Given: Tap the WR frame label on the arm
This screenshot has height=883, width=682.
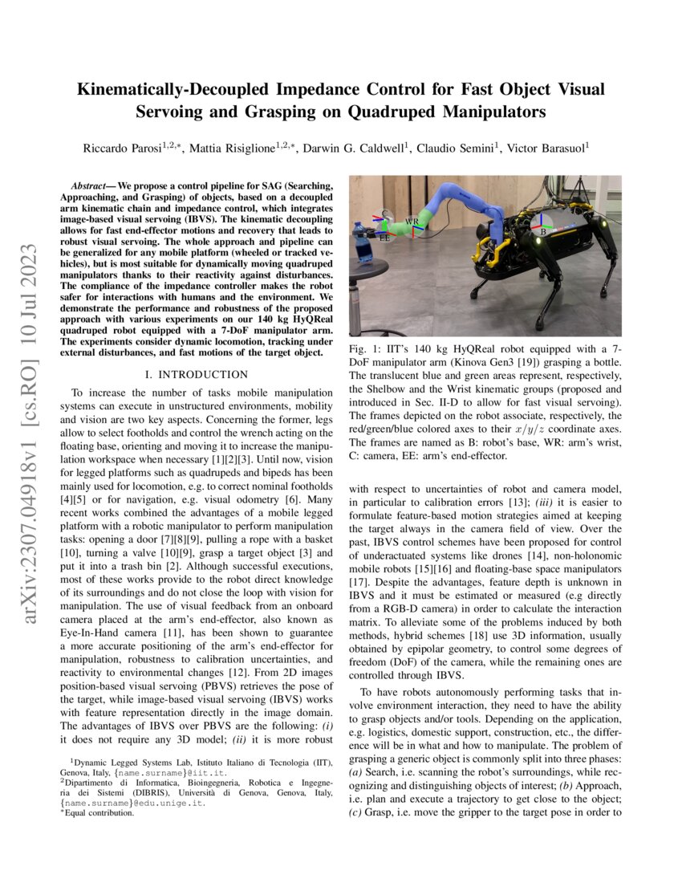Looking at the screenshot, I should click(411, 221).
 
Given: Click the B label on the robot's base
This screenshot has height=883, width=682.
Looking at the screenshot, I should click(543, 232).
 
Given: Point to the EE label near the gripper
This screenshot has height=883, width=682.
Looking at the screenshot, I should click(384, 238).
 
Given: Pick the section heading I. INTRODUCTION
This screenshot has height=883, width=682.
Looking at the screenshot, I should click(195, 374).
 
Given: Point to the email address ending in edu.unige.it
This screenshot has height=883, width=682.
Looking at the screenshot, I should click(133, 802).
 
